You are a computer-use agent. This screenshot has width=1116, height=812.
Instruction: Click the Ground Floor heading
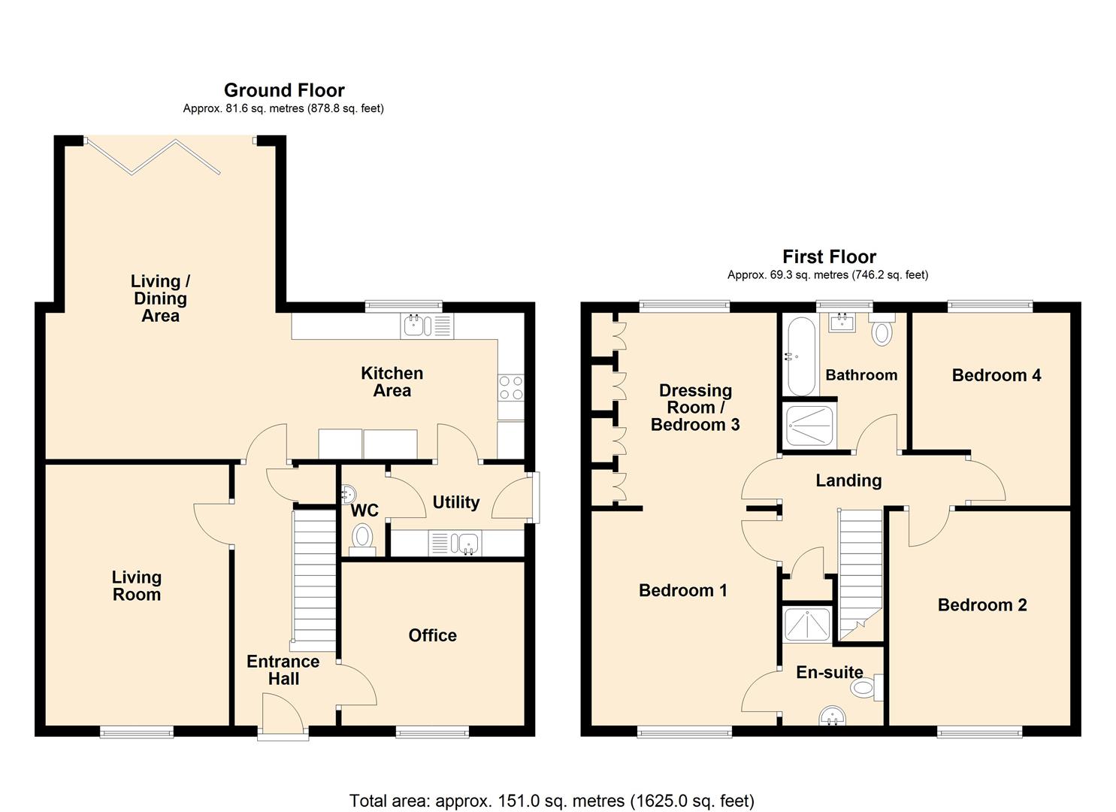coord(284,90)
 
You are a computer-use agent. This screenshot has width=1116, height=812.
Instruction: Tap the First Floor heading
coord(829,256)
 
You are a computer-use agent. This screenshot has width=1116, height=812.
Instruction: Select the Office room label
coord(432,635)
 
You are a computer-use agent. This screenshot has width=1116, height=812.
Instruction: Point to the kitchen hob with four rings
coord(511,388)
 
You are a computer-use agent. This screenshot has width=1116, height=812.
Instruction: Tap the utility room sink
coord(455,544)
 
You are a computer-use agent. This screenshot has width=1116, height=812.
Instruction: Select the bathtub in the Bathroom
coord(801,356)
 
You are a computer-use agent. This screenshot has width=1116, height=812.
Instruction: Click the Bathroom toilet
coord(882,329)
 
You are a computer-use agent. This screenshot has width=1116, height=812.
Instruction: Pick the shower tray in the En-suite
coord(807,624)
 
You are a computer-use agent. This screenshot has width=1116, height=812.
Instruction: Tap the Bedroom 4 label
coord(997,375)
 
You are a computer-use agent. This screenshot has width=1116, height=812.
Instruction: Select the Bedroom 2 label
coord(982,605)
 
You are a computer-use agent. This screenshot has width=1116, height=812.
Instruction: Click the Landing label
coord(848,480)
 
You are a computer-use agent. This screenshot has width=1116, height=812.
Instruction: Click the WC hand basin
coord(349,495)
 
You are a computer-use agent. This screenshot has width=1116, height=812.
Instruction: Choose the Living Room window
coord(137,732)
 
